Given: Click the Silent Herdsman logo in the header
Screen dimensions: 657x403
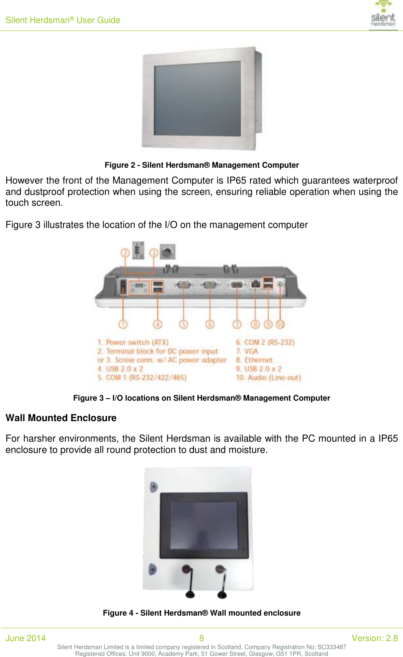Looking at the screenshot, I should pos(383,15).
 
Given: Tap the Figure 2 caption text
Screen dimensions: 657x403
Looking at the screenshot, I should pos(201,165).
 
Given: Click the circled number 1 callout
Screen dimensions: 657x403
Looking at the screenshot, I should pos(123,324).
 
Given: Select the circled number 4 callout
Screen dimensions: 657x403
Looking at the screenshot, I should pos(158,324).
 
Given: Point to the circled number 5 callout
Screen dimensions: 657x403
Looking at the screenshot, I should pos(184,324).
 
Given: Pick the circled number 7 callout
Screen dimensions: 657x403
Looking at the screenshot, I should pos(237,324).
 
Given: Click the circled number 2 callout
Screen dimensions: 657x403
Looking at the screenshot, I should pos(125,253).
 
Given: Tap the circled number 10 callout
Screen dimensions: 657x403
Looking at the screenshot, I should pos(280,324).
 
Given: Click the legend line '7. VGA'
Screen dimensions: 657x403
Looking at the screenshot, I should pos(247,351).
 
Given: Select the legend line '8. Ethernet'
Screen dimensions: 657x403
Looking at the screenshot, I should pos(254,360).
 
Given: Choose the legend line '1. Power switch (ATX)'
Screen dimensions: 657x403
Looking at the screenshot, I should pos(133,343).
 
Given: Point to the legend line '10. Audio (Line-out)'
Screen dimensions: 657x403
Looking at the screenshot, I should pos(268,378).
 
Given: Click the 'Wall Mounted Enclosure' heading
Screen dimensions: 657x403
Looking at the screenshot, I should pos(61,418).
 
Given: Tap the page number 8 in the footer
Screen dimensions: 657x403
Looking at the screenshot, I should pos(201,638).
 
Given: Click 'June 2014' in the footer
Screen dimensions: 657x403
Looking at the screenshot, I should pos(26,638).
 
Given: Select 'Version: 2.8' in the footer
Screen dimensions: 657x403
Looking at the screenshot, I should pos(375,638).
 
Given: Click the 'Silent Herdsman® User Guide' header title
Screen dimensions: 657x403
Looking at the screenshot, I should pos(63,20).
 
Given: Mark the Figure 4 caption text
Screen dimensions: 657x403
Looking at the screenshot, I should pos(201,613).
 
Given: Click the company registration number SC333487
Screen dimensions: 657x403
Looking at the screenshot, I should pos(332,647).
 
